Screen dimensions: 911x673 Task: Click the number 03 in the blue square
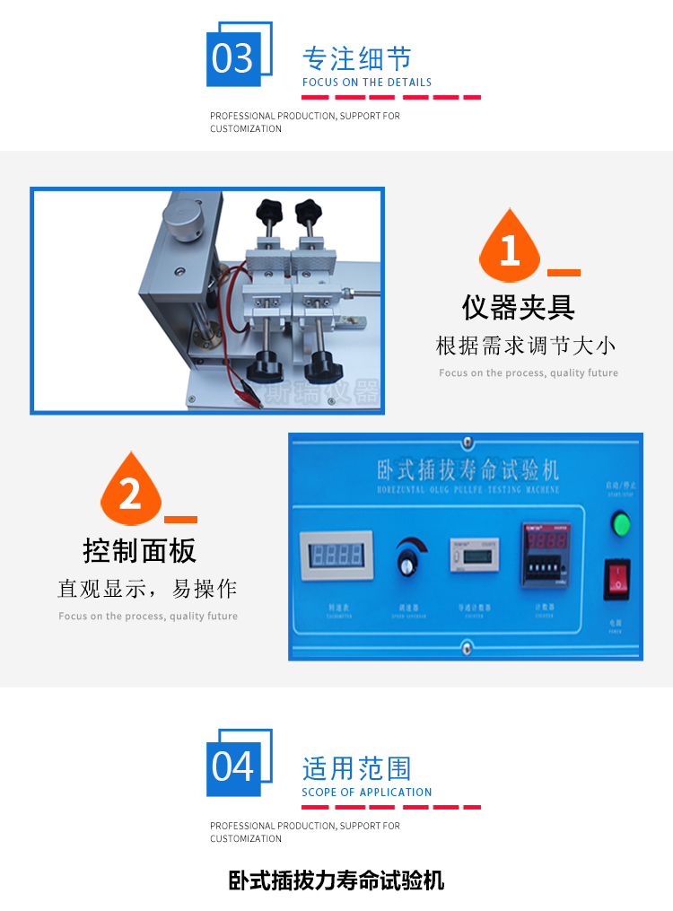point(233,58)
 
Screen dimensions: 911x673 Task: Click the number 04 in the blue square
point(233,767)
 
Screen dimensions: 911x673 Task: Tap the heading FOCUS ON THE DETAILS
point(366,83)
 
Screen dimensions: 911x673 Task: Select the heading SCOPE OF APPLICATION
point(366,793)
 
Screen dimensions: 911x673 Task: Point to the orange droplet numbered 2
point(130,493)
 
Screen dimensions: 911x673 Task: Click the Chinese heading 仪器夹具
point(519,308)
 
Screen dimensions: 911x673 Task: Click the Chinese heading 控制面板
point(139,550)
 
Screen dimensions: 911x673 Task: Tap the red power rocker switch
point(616,579)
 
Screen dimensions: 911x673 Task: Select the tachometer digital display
point(335,554)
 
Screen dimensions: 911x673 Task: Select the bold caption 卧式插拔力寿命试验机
point(336,880)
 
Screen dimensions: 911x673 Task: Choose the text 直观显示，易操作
point(148,589)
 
